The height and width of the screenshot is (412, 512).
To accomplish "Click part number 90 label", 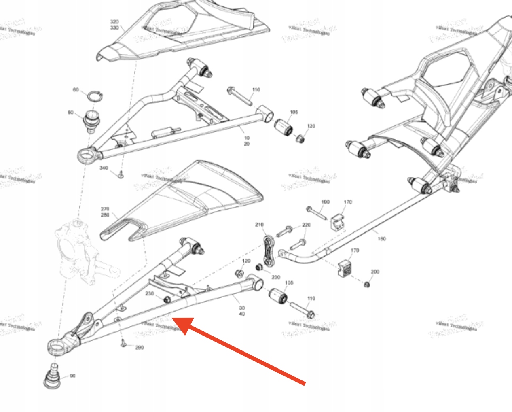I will [x=72, y=376].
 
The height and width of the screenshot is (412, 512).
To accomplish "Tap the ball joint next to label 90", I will [x=52, y=376].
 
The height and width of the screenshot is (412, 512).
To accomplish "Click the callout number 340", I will [x=104, y=168].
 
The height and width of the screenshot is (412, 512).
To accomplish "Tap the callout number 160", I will [x=381, y=239].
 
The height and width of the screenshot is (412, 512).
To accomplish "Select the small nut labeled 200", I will [x=366, y=285].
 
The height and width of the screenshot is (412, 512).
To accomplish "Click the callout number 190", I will [x=325, y=202].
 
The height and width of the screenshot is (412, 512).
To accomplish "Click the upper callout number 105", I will [x=294, y=112].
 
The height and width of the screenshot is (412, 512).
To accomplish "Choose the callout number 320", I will [x=114, y=22].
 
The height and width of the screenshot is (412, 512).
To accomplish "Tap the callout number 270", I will [x=105, y=209].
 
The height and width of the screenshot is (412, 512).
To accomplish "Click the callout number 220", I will [x=306, y=225].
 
